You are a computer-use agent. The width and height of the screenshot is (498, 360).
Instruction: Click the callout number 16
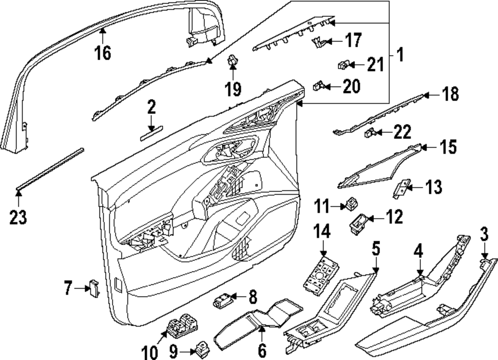pos(103,51)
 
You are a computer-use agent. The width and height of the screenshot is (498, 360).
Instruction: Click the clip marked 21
pos(343,64)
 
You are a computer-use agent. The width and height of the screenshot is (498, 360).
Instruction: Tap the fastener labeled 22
pos(370,133)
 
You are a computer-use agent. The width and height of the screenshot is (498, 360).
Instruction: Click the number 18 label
pos(451,94)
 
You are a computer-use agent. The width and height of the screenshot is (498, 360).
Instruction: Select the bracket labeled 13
pos(401,189)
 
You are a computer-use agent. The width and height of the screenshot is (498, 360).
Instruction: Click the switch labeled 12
pos(359,223)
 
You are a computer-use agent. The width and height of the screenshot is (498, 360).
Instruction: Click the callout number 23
pos(18,217)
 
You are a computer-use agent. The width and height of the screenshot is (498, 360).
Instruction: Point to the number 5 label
pos(376,247)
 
